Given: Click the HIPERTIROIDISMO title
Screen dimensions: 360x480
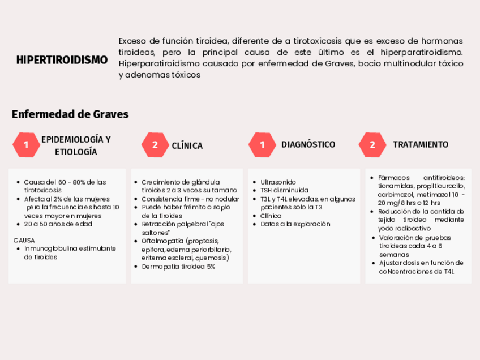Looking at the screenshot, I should click(x=62, y=59).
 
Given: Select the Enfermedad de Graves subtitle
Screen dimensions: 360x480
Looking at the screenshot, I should click(x=70, y=114).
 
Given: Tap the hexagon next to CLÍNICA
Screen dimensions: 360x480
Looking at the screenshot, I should click(x=155, y=145).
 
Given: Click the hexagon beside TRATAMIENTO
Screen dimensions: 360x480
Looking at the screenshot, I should click(x=372, y=145).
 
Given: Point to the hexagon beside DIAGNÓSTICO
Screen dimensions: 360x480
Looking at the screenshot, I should click(x=262, y=145).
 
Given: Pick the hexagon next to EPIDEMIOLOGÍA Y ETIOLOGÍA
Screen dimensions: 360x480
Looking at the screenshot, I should click(x=26, y=145).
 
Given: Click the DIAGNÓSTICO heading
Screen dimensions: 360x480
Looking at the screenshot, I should click(x=308, y=144).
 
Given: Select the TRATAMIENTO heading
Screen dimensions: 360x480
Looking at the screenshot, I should click(x=421, y=144).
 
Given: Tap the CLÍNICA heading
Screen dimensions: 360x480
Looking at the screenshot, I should click(x=187, y=145).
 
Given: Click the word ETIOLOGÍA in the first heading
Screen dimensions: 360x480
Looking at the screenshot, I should click(x=76, y=152).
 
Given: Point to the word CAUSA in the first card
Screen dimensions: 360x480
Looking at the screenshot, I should click(x=24, y=240).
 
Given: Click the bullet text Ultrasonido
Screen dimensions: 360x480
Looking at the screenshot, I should click(x=278, y=182).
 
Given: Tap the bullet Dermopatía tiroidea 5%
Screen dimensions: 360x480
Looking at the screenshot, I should click(x=178, y=266).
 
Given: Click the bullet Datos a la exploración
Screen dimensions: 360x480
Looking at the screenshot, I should click(x=295, y=224).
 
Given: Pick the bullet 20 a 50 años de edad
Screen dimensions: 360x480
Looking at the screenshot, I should click(x=58, y=224).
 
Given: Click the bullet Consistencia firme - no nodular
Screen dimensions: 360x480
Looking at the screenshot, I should click(x=190, y=199).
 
